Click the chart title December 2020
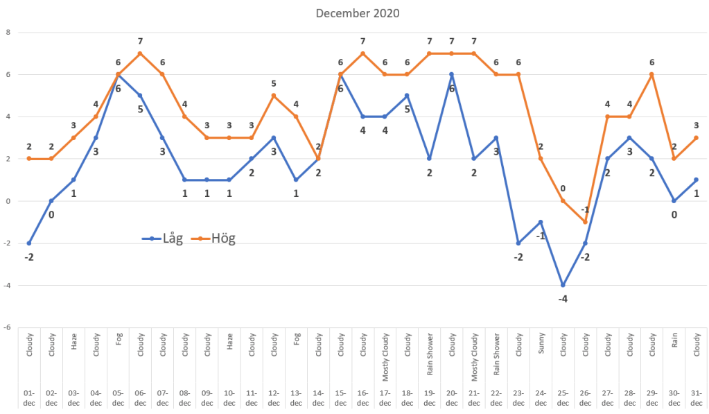(358, 13)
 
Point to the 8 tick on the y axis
(8, 32)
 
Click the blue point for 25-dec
(563, 285)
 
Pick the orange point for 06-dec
(140, 53)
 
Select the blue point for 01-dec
(29, 243)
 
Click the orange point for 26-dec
(585, 222)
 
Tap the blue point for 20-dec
(451, 74)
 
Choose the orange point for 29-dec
(651, 74)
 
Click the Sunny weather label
(541, 345)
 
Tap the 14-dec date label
(318, 398)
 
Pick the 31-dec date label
(696, 398)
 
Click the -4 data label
(563, 299)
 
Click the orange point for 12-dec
(274, 96)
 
